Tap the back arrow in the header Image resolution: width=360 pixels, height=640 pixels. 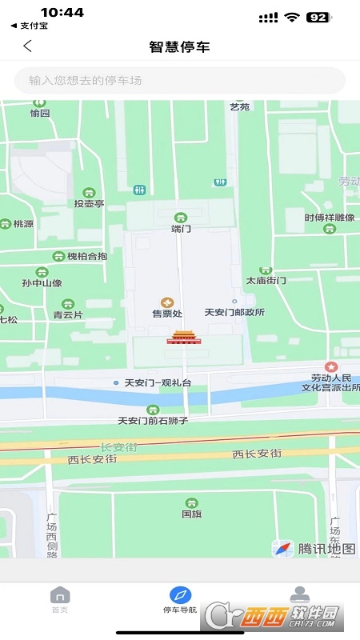[27, 46]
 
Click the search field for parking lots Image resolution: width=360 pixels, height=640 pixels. [180, 80]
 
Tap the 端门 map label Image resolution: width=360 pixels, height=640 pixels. [181, 228]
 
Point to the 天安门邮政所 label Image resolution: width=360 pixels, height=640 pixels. [234, 313]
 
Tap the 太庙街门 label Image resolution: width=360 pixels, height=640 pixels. [266, 281]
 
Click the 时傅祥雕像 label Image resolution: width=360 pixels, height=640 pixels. [329, 218]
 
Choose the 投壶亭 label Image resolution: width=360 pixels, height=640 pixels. [89, 203]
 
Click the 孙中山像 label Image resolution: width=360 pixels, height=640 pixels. [42, 282]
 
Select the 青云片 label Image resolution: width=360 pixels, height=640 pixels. [68, 314]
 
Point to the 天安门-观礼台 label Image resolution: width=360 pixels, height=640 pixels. [158, 383]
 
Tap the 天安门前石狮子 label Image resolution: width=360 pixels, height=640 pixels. [152, 420]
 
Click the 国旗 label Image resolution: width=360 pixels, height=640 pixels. [191, 514]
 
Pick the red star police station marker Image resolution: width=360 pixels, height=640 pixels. [331, 366]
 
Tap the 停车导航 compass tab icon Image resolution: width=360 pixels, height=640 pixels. [180, 595]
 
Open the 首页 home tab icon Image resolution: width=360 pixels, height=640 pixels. [60, 595]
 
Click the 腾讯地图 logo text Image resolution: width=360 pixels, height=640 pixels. [326, 549]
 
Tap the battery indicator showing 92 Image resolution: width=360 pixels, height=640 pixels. [318, 17]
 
